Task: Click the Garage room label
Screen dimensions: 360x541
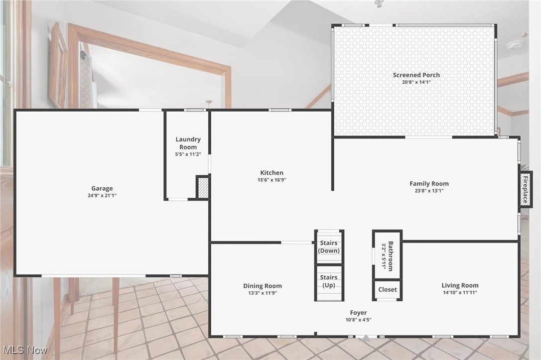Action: click(102, 188)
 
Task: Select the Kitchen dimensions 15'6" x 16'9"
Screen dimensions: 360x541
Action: click(271, 180)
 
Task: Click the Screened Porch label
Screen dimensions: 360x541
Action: click(416, 75)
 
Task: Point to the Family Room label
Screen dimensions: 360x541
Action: click(429, 183)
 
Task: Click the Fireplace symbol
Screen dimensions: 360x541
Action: click(525, 189)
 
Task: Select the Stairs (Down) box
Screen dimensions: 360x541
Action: click(329, 246)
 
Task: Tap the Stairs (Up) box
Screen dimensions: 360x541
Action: click(329, 281)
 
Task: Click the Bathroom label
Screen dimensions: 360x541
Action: click(387, 255)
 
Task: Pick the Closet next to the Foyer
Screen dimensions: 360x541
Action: click(387, 289)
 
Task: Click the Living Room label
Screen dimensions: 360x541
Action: click(460, 285)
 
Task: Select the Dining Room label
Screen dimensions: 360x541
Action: click(262, 286)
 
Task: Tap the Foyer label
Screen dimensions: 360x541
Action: click(358, 313)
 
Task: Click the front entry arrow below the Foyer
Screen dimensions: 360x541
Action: click(366, 338)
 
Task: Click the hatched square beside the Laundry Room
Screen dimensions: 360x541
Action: click(203, 188)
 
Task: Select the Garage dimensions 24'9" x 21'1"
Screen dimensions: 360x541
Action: click(102, 196)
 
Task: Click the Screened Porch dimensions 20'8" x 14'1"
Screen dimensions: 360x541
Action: click(416, 82)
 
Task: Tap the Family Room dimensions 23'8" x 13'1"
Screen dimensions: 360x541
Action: click(429, 191)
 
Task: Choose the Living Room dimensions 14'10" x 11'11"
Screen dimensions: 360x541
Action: click(460, 293)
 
